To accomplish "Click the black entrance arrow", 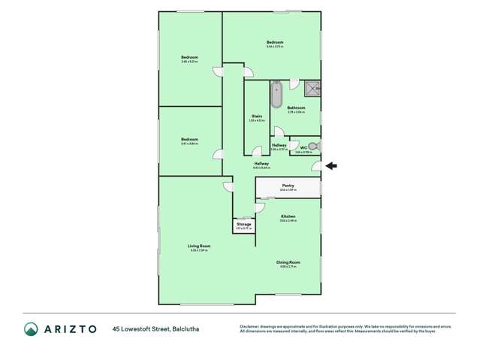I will [x=331, y=166].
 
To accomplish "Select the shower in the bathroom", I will [x=312, y=90].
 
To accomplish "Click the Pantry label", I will [x=288, y=186].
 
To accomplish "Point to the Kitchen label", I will [x=288, y=216].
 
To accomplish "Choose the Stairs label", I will [x=257, y=116].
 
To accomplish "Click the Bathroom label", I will [x=296, y=107].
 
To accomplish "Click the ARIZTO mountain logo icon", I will [x=31, y=328].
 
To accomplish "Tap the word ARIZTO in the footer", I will [x=70, y=328].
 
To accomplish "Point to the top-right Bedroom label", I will [x=274, y=42].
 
